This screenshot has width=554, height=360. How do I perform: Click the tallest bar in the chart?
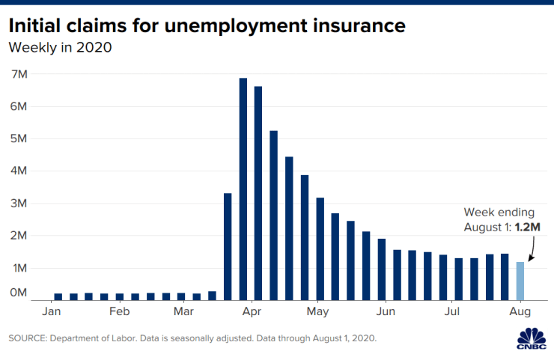[243, 187]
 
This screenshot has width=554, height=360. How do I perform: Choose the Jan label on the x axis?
[52, 311]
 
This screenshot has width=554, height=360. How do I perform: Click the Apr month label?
[252, 311]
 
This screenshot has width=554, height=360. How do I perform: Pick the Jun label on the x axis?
[386, 311]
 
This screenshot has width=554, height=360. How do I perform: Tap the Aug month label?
[520, 311]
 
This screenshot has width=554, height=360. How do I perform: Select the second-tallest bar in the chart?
[258, 192]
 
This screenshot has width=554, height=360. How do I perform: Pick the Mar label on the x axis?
[184, 311]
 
